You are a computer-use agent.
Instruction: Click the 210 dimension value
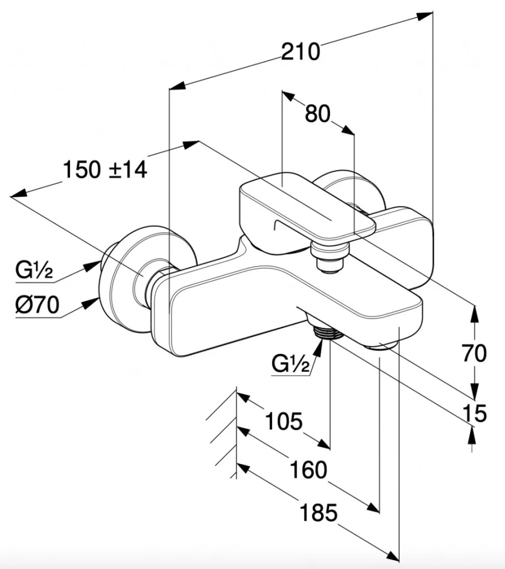click(301, 52)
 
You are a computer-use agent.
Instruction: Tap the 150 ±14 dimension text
click(104, 169)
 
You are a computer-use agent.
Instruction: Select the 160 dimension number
click(308, 471)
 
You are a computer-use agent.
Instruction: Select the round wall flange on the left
click(125, 278)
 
